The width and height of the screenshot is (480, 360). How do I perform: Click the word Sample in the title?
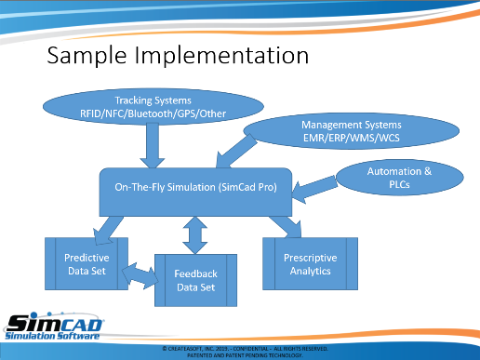(x=87, y=56)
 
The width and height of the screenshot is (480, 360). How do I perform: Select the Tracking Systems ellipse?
(x=153, y=107)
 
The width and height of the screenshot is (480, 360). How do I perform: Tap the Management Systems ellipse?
(x=352, y=131)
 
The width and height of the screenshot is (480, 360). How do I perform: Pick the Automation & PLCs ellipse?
(x=399, y=178)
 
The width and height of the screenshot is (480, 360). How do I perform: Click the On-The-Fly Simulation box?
(x=195, y=192)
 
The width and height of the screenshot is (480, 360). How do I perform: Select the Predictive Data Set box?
(x=87, y=264)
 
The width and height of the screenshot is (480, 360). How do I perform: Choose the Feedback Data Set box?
(x=195, y=281)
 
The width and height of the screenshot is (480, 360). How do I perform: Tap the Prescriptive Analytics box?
(x=310, y=264)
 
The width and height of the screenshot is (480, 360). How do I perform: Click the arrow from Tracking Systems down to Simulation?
(x=153, y=146)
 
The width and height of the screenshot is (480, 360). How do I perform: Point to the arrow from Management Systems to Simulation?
(x=236, y=152)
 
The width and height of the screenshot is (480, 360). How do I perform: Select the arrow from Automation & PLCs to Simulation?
(x=314, y=189)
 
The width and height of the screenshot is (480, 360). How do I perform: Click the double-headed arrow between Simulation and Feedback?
(x=195, y=235)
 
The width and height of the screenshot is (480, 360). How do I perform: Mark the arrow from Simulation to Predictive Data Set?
(x=108, y=231)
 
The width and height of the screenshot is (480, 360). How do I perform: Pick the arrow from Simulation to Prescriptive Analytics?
(x=287, y=227)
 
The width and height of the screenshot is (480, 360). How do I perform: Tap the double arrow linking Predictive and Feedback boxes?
(x=140, y=275)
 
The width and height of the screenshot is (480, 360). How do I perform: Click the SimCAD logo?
(x=53, y=327)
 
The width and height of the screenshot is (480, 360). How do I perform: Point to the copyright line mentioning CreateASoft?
(x=245, y=349)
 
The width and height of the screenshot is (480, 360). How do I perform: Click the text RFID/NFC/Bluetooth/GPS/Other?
(x=153, y=113)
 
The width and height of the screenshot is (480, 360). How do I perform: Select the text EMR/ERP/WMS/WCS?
(x=352, y=138)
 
